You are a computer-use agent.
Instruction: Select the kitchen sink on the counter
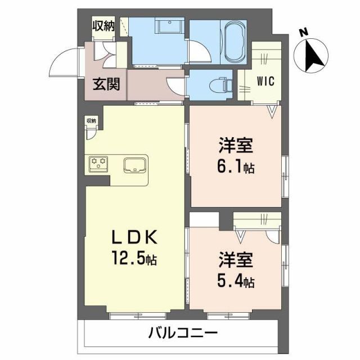135,165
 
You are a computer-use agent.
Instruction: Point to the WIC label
265,81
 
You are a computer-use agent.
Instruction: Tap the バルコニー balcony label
183,334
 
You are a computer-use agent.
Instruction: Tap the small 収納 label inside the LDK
91,120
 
